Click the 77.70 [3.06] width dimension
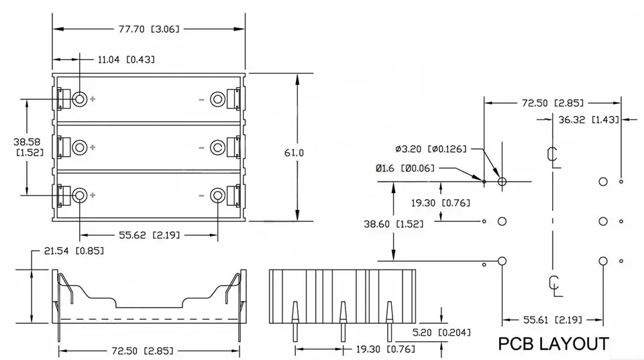click(149, 29)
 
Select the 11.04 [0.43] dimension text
click(127, 60)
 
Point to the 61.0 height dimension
click(294, 153)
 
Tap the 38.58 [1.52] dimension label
click(28, 147)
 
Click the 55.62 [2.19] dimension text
click(150, 235)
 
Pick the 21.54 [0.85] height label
click(74, 251)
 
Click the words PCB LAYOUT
click(553, 344)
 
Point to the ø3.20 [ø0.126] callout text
click(431, 149)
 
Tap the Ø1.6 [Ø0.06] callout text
click(405, 168)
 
